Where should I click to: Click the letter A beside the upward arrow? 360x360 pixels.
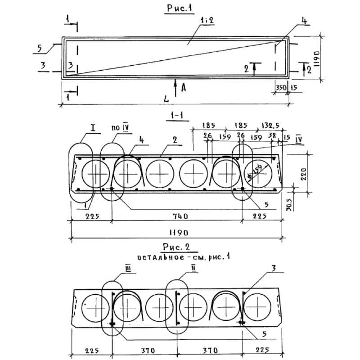click(x=183, y=88)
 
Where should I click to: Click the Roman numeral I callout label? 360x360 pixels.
click(x=93, y=129)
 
